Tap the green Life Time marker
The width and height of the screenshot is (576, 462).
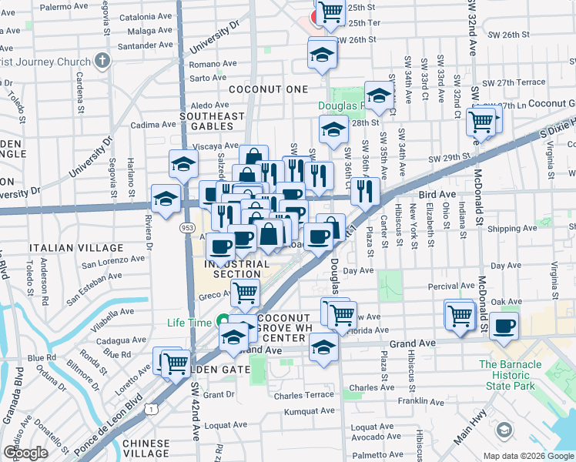click(223, 321)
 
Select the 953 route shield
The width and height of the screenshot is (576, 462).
click(186, 228)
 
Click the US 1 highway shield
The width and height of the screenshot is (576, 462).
click(153, 409)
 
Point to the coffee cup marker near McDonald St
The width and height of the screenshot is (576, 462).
click(504, 326)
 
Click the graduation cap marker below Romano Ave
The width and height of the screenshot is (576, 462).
click(323, 55)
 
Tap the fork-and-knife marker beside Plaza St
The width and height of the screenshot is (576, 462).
click(365, 189)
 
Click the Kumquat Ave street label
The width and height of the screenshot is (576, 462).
click(285, 412)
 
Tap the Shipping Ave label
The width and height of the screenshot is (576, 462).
click(506, 229)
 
